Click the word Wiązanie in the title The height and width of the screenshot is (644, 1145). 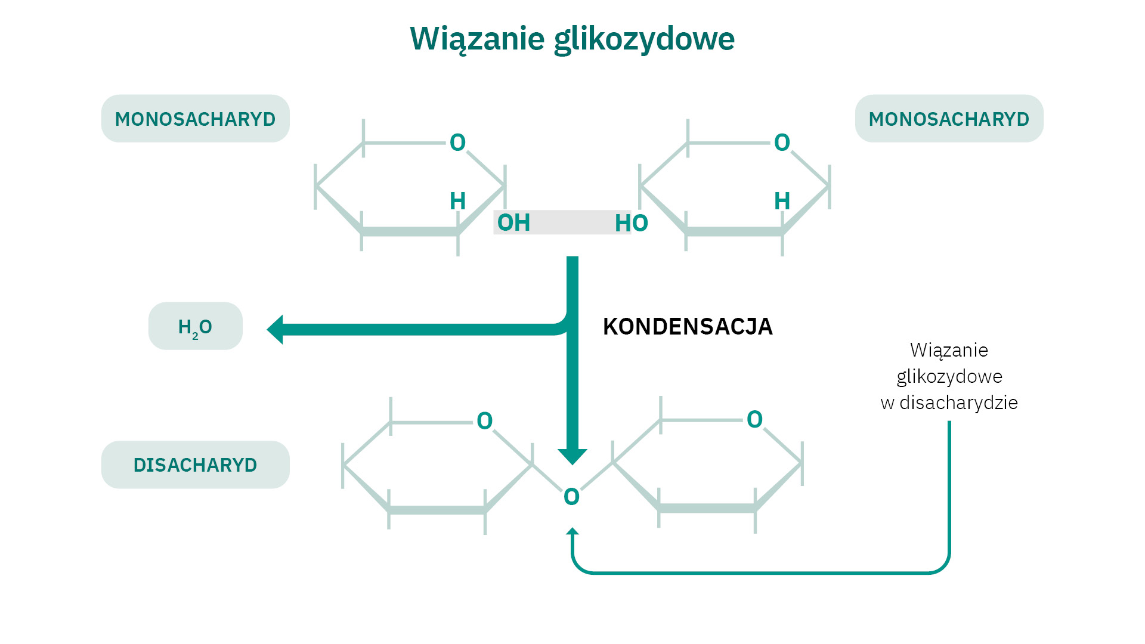pyautogui.click(x=477, y=39)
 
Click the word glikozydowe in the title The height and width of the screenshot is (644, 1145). pyautogui.click(x=644, y=39)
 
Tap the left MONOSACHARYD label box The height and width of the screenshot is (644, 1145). pyautogui.click(x=195, y=119)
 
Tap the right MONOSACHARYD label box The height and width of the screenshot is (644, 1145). pyautogui.click(x=949, y=119)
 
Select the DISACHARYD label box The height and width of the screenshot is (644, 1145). pyautogui.click(x=195, y=465)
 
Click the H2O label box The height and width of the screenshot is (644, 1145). pyautogui.click(x=195, y=326)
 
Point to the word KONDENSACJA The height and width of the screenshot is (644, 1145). pyautogui.click(x=688, y=327)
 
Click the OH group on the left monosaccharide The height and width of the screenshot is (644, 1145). pyautogui.click(x=513, y=223)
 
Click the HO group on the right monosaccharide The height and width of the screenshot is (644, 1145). pyautogui.click(x=631, y=224)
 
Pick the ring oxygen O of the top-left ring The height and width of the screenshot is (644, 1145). pyautogui.click(x=457, y=143)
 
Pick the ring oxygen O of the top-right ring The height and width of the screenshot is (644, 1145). pyautogui.click(x=782, y=143)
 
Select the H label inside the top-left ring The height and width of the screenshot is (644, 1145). pyautogui.click(x=457, y=201)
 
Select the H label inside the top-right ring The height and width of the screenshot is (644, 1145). pyautogui.click(x=782, y=201)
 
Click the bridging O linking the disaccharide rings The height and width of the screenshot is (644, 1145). pyautogui.click(x=571, y=497)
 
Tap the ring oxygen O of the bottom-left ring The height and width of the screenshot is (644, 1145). pyautogui.click(x=484, y=421)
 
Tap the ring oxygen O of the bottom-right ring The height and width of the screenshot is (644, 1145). pyautogui.click(x=754, y=419)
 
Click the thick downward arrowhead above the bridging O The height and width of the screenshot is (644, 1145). pyautogui.click(x=572, y=456)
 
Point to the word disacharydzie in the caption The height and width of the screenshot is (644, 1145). pyautogui.click(x=958, y=402)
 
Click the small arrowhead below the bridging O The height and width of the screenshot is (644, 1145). pyautogui.click(x=572, y=531)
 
